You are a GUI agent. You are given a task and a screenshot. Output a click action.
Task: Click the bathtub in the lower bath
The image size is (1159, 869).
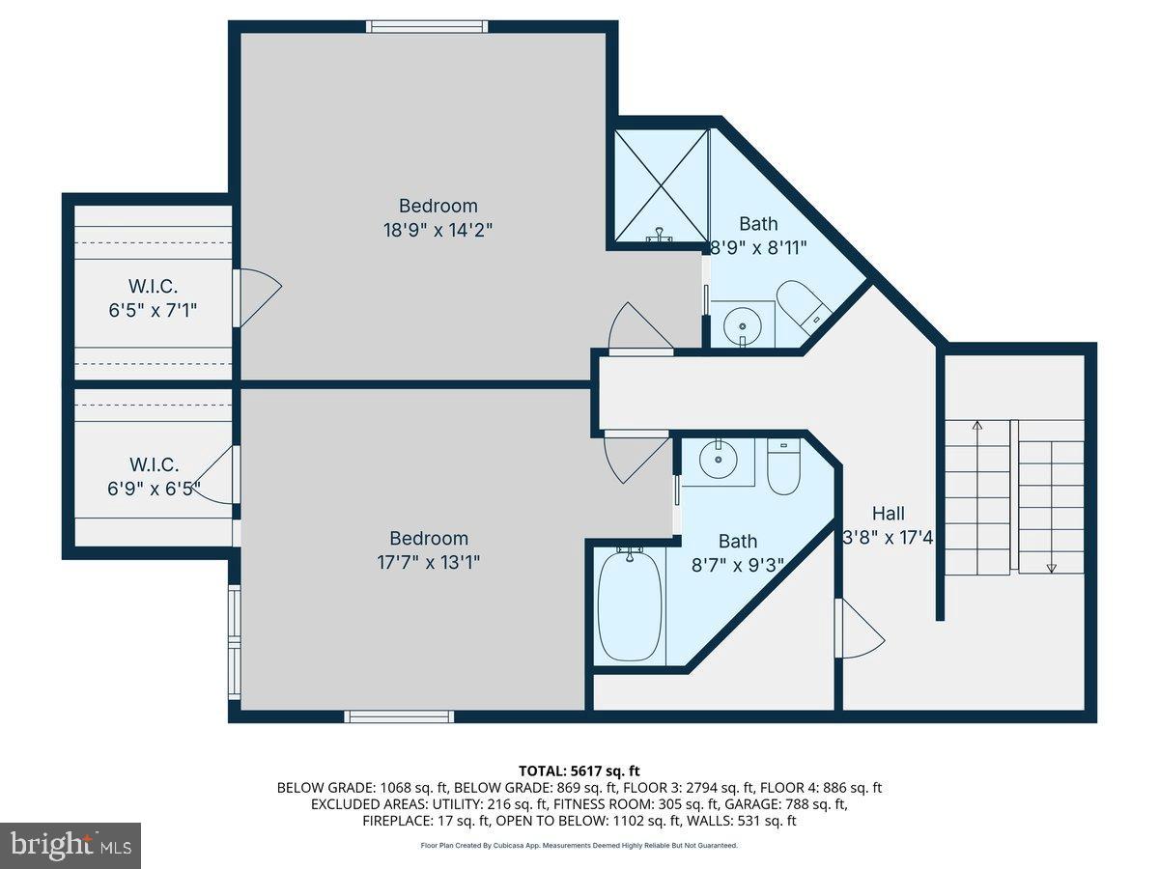630,605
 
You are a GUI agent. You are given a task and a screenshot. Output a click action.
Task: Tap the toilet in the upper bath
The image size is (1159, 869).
801,302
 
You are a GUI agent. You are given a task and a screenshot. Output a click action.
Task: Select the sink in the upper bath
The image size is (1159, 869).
742,325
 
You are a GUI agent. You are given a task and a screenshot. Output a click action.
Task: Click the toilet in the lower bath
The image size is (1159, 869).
783,466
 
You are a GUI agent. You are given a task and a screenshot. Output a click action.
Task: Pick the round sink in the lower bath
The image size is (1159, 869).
718,461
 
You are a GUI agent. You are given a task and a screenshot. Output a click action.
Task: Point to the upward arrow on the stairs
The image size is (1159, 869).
976,424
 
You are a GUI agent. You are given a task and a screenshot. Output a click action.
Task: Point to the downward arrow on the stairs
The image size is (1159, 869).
1052,568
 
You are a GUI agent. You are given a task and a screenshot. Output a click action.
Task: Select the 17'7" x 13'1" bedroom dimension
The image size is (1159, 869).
429,562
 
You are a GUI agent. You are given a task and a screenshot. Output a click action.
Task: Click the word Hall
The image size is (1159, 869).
889,514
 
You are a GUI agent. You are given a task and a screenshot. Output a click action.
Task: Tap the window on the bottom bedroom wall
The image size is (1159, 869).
399,716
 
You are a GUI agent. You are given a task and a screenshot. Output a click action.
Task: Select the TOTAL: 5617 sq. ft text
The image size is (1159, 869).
579,771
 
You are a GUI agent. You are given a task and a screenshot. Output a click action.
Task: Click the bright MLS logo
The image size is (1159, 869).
71,846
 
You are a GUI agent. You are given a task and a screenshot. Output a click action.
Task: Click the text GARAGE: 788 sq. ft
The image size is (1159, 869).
799,804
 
